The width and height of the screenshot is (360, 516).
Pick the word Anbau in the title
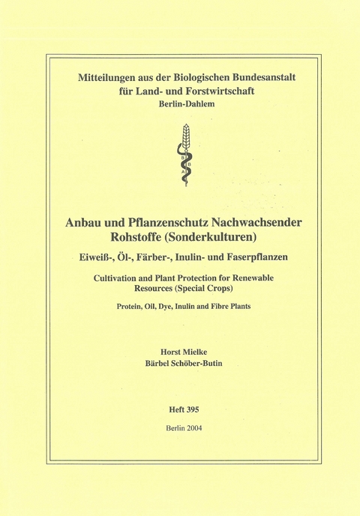(85, 223)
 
